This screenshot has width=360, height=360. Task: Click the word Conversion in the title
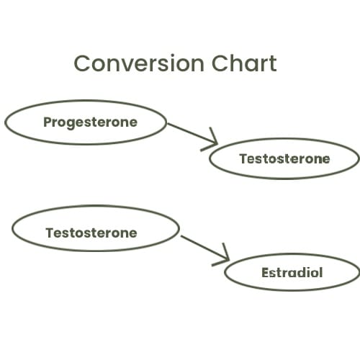click(x=139, y=63)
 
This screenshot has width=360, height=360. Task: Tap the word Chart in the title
click(x=244, y=63)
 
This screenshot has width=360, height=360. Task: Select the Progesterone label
click(x=90, y=123)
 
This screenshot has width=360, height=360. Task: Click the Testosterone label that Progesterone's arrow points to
click(x=284, y=158)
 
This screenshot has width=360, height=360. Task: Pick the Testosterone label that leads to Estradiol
click(x=91, y=233)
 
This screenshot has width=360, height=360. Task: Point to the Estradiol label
click(x=292, y=272)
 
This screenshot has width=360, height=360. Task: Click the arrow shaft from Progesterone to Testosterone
click(x=192, y=134)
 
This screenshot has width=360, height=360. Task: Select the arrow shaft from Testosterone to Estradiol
click(x=204, y=248)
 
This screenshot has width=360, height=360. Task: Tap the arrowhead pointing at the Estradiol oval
click(x=221, y=256)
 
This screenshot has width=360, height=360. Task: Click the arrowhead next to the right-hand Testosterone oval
click(x=210, y=140)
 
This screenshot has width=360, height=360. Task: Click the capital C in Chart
click(x=220, y=63)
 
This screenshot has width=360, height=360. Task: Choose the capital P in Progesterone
click(x=48, y=122)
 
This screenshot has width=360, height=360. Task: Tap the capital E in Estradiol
click(x=266, y=272)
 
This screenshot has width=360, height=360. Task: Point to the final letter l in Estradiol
click(x=320, y=272)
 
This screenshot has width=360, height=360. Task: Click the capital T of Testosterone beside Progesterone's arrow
click(x=244, y=158)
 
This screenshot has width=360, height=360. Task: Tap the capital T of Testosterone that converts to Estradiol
click(x=50, y=233)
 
